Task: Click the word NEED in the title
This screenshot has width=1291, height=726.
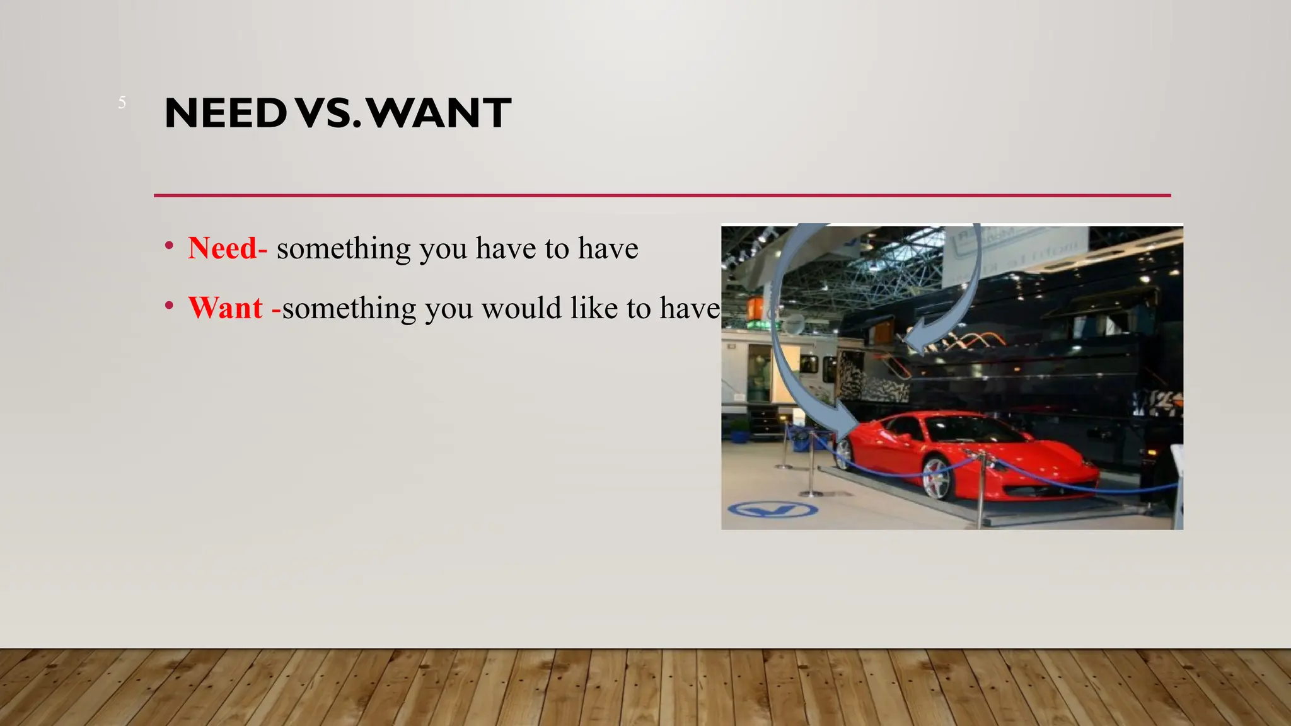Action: [226, 113]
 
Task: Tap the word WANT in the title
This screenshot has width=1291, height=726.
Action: [439, 113]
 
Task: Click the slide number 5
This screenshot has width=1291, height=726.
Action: [122, 103]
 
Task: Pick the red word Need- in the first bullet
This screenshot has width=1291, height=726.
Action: [228, 248]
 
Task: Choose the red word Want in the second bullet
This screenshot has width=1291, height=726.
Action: [226, 308]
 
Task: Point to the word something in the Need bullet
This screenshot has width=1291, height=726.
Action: [344, 248]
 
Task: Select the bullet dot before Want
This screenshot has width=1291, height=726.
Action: [169, 306]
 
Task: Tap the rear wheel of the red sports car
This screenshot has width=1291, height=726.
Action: [843, 454]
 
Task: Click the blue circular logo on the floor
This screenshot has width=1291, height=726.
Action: [773, 510]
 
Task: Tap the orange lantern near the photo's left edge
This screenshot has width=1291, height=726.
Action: [755, 309]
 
